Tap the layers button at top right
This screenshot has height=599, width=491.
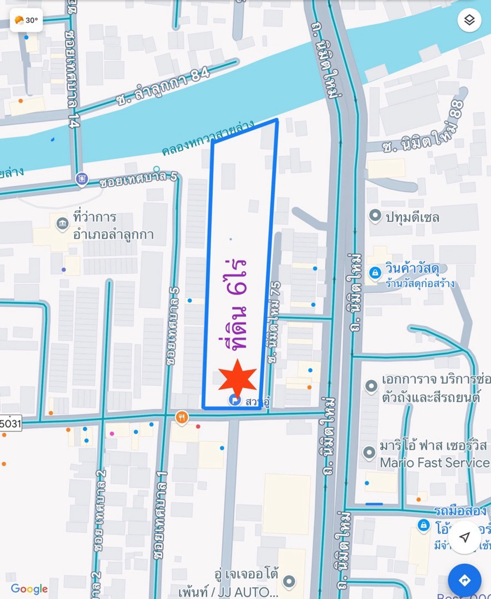(469, 20)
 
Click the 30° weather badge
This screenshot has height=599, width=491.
(26, 20)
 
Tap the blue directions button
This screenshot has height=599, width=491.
(464, 580)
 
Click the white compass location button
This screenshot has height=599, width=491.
(464, 537)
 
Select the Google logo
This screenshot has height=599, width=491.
(29, 589)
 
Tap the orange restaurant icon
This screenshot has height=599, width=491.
(182, 417)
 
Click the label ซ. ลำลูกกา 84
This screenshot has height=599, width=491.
(163, 86)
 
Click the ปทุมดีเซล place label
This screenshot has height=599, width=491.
(412, 217)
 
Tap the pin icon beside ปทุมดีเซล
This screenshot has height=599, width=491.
(375, 216)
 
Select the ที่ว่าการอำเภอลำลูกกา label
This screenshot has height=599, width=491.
(113, 225)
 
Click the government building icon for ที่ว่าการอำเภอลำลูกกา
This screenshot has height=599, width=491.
(62, 223)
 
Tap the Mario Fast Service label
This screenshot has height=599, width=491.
(435, 463)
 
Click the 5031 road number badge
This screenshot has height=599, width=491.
(10, 423)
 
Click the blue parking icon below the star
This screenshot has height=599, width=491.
(234, 400)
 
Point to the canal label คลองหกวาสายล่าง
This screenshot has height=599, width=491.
(208, 138)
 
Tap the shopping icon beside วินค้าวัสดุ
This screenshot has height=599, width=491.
(375, 272)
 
